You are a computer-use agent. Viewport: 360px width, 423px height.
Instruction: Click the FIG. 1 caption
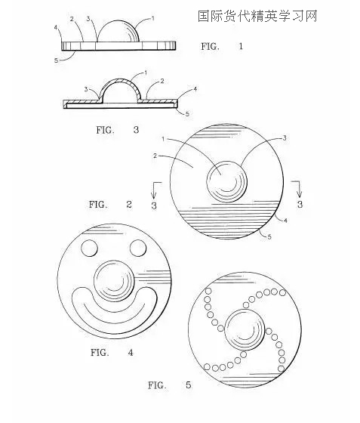222,46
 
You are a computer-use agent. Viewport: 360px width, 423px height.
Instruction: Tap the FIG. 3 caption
118,130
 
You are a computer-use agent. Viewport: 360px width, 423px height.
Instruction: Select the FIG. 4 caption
112,352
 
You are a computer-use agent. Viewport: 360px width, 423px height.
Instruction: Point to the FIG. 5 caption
170,385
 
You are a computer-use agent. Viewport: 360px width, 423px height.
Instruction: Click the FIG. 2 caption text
110,204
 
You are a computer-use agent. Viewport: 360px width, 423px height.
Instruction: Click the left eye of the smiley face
89,248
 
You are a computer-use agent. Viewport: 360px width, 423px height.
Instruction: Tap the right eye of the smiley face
138,248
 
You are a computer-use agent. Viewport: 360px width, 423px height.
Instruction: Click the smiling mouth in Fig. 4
115,324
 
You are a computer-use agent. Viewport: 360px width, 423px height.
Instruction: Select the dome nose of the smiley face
114,280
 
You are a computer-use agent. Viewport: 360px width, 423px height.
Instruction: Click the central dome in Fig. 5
245,329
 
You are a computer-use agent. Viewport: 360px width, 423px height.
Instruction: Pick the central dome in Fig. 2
227,181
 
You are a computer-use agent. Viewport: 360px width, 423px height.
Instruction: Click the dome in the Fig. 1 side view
118,31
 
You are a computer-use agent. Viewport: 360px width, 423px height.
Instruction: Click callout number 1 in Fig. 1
152,18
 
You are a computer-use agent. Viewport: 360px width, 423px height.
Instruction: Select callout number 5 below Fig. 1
56,60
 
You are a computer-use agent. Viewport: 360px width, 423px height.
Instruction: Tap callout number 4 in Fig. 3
195,88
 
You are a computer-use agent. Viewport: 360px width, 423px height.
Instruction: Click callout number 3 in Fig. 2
285,138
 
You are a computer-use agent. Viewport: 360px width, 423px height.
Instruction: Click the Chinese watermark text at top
257,16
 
